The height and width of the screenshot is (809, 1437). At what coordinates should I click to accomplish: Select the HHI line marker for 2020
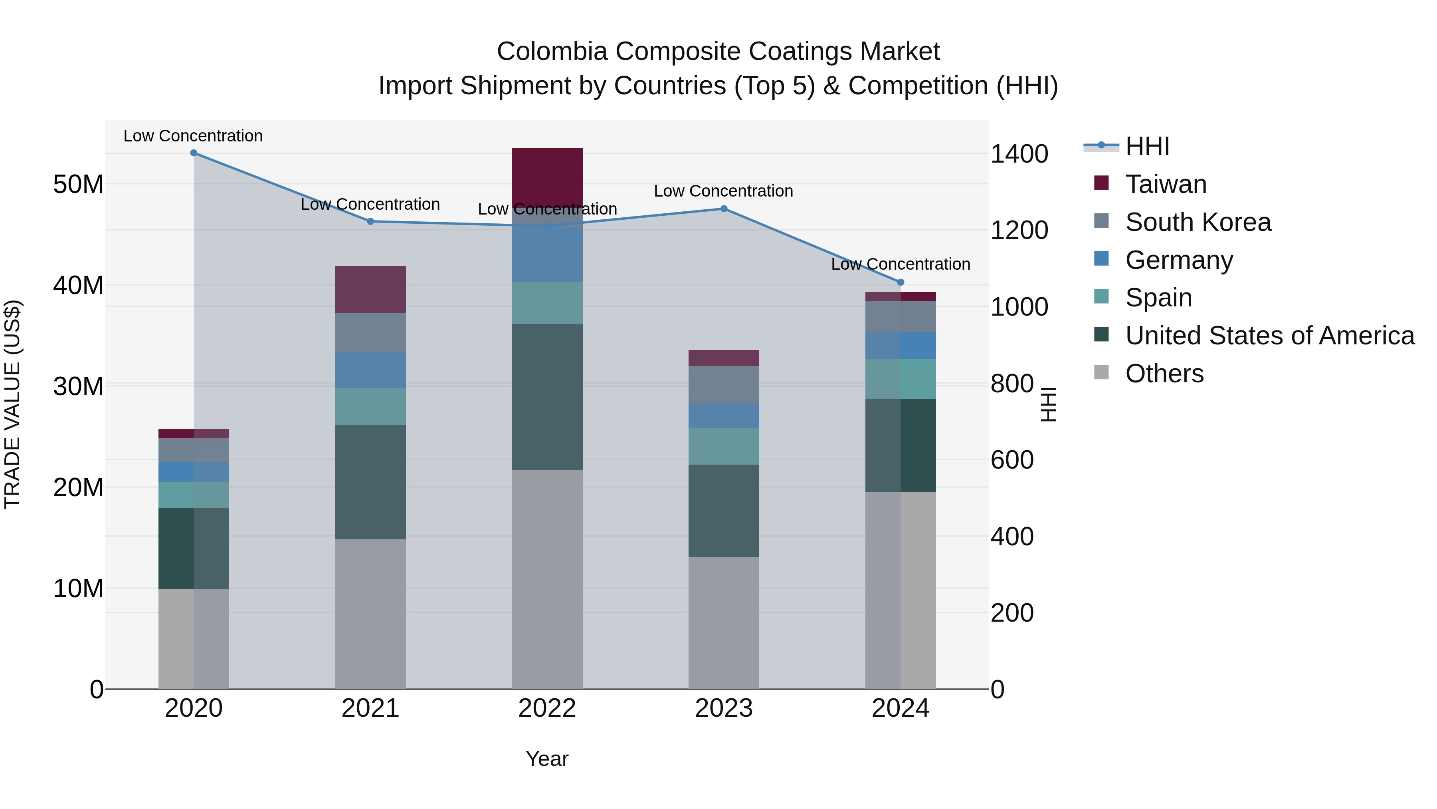click(x=194, y=153)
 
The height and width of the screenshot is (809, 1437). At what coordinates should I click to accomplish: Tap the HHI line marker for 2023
click(x=724, y=209)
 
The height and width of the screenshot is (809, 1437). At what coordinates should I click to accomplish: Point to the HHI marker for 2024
click(x=901, y=282)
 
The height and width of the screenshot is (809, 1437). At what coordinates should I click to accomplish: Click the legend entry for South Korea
click(x=1197, y=222)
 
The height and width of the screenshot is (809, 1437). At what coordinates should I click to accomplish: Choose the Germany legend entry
click(x=1178, y=260)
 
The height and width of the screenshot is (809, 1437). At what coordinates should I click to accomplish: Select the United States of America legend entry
click(x=1269, y=336)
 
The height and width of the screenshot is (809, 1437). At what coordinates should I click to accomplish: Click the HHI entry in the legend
click(x=1146, y=146)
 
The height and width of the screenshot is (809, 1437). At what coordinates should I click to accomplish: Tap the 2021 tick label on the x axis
click(x=370, y=708)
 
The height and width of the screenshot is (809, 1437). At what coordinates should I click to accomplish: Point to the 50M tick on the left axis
click(x=78, y=184)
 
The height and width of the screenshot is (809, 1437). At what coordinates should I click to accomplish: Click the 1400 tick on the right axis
click(x=1019, y=154)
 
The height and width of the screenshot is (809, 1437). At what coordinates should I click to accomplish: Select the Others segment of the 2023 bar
click(x=724, y=622)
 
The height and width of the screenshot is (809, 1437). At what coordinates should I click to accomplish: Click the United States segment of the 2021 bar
click(x=370, y=482)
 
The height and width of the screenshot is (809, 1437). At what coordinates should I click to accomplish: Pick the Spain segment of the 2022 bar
click(x=547, y=303)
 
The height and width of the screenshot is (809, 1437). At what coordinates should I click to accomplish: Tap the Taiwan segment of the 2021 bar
click(x=370, y=289)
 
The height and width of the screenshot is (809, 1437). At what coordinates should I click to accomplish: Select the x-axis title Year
click(x=547, y=759)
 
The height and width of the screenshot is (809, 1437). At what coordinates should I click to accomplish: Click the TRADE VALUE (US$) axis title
click(x=13, y=404)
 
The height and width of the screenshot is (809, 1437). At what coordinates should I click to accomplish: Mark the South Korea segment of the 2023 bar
click(x=724, y=385)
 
